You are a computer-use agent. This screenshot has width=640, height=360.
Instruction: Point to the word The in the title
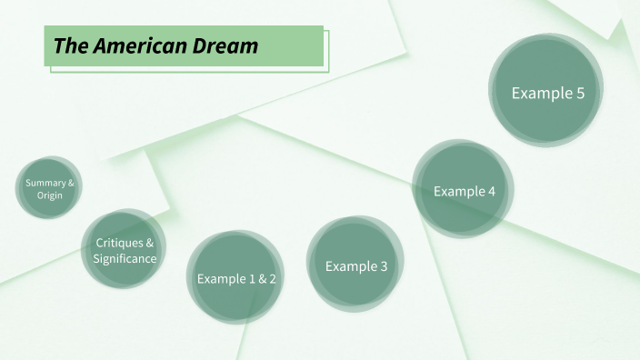click(x=69, y=45)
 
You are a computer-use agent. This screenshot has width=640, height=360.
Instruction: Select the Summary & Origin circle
click(x=49, y=188)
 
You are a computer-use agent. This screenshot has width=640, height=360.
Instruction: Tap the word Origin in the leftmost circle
click(x=50, y=195)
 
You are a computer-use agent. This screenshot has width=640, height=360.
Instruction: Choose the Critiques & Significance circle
click(x=125, y=251)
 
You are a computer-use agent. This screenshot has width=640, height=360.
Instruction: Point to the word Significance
click(x=125, y=259)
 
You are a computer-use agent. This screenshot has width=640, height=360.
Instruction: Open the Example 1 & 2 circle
click(x=236, y=278)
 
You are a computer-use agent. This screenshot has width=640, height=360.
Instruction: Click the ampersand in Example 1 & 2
click(x=262, y=279)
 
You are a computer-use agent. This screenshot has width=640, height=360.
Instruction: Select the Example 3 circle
click(x=355, y=265)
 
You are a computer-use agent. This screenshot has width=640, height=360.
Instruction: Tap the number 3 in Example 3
click(x=383, y=266)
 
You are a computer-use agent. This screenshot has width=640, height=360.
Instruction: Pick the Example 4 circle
click(x=464, y=190)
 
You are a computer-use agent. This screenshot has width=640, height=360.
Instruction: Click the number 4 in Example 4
click(x=491, y=191)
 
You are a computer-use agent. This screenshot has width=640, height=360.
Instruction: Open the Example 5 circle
click(x=547, y=92)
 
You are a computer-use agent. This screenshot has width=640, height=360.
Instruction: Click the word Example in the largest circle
click(x=540, y=93)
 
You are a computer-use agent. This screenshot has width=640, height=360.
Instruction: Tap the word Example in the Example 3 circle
click(x=350, y=266)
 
